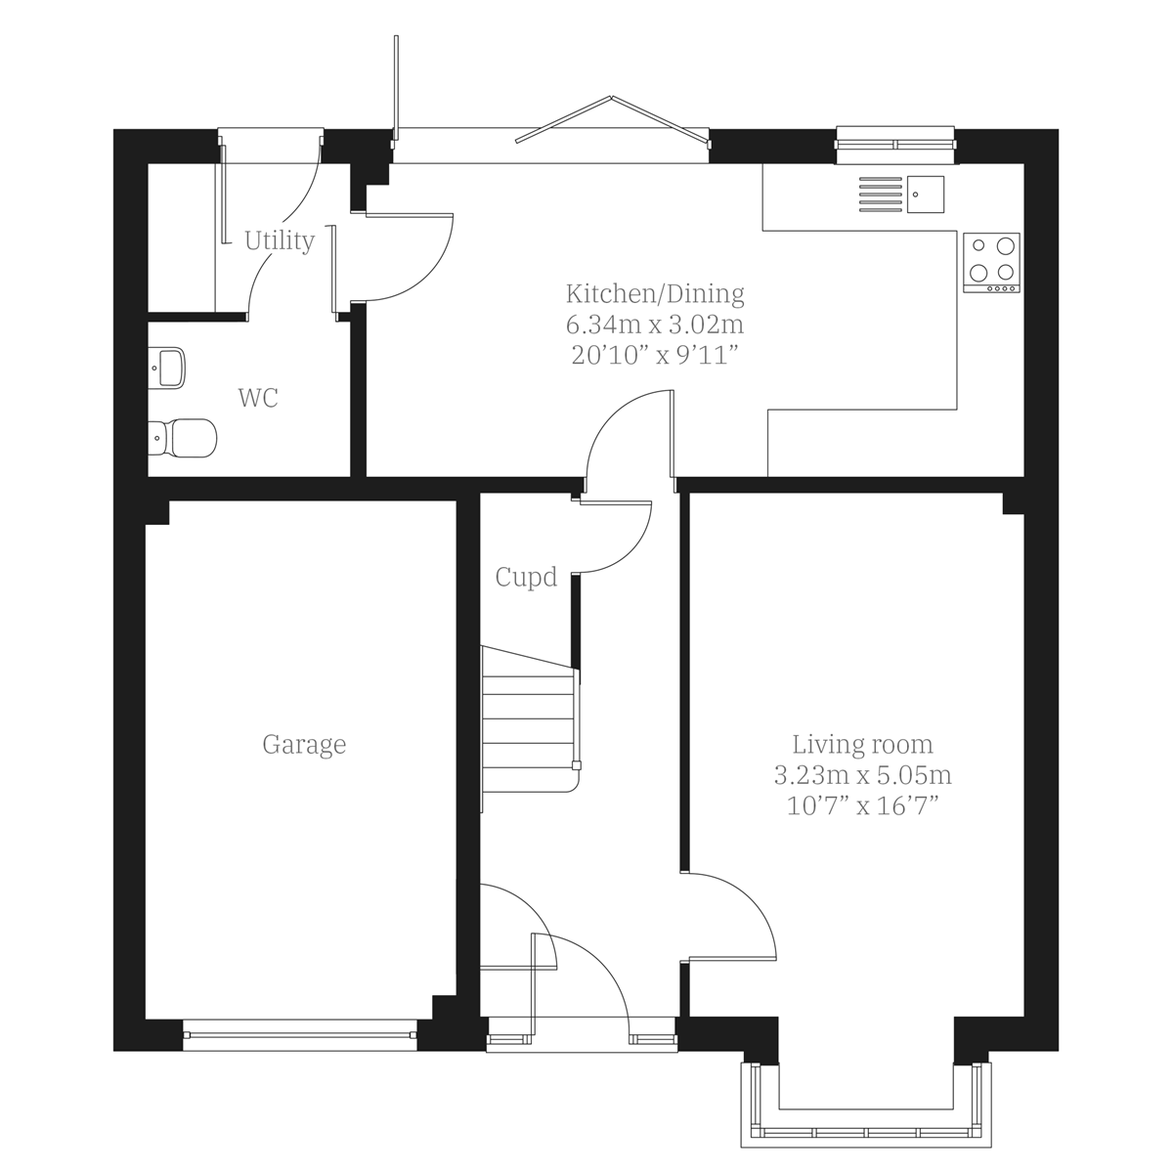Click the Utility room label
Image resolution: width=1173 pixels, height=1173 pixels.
(x=280, y=240)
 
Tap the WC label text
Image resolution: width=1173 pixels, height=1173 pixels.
(x=258, y=398)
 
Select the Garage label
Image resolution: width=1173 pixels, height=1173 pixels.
(x=304, y=745)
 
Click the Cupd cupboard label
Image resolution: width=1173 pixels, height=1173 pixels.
(x=526, y=578)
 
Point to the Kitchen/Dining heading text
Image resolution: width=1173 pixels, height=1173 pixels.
(x=655, y=293)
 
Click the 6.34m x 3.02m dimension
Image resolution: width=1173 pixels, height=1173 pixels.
(x=655, y=324)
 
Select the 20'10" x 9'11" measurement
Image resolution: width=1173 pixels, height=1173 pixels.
(x=655, y=354)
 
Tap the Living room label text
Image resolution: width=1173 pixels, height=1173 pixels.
(x=862, y=745)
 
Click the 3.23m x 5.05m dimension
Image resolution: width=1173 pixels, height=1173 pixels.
(x=862, y=776)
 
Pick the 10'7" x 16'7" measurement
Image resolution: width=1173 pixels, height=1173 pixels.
(x=862, y=806)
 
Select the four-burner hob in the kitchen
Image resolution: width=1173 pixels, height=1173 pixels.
(x=991, y=262)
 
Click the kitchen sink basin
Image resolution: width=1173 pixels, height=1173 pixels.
(x=925, y=194)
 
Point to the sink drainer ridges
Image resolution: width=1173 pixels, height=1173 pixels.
(x=880, y=194)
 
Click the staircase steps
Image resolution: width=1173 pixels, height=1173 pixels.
(x=528, y=718)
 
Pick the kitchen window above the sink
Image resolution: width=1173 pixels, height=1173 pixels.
(x=894, y=144)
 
